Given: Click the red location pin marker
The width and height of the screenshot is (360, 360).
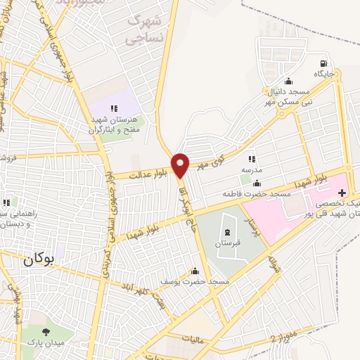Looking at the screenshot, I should pyautogui.click(x=180, y=165).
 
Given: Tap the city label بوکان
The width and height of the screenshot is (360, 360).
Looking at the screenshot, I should pyautogui.click(x=38, y=258).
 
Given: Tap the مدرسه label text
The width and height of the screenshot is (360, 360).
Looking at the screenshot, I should pyautogui.click(x=252, y=170).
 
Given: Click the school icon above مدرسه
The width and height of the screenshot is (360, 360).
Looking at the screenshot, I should pyautogui.click(x=252, y=160).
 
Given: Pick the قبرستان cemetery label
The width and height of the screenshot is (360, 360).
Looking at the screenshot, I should pyautogui.click(x=227, y=243).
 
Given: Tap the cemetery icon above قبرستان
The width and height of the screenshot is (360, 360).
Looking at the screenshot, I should pyautogui.click(x=227, y=233).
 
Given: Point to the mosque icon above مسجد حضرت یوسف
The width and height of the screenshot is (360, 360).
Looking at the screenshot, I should pyautogui.click(x=195, y=271).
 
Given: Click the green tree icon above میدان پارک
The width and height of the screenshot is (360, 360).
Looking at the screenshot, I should pyautogui.click(x=47, y=332).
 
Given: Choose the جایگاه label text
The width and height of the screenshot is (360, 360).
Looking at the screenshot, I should pyautogui.click(x=323, y=73).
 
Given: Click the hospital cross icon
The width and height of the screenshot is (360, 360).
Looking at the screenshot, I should pyautogui.click(x=342, y=192).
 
